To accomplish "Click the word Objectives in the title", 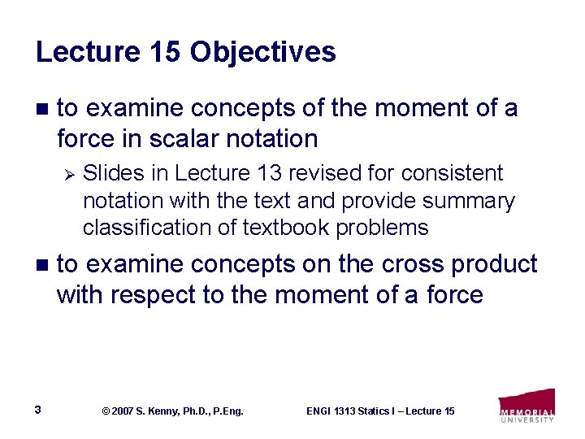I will pos(262,52).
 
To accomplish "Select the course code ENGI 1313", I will pos(334,411).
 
